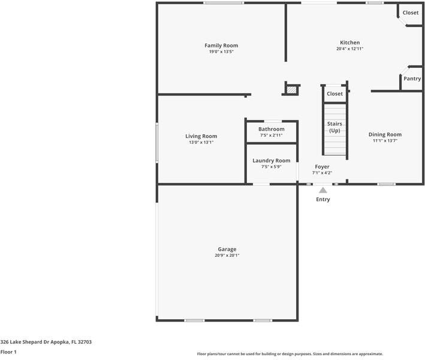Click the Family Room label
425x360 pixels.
(221, 46)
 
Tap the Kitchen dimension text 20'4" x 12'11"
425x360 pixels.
(350, 49)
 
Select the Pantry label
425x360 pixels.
(412, 79)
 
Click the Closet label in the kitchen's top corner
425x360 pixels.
(411, 13)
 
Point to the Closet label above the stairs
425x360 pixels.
(335, 94)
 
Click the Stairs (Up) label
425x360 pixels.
(334, 127)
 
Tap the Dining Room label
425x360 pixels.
(385, 134)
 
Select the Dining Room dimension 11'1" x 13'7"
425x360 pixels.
(385, 141)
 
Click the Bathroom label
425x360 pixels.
(272, 129)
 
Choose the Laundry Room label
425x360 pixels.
(272, 160)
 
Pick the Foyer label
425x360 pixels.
(322, 167)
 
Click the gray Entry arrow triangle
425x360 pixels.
(322, 190)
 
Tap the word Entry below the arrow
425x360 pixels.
(322, 199)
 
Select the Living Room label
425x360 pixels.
(201, 136)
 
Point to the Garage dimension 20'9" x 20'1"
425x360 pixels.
(227, 256)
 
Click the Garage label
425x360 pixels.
(227, 249)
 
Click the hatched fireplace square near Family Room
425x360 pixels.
(291, 89)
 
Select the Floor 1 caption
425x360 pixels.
(8, 352)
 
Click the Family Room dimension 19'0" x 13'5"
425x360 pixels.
(221, 52)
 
